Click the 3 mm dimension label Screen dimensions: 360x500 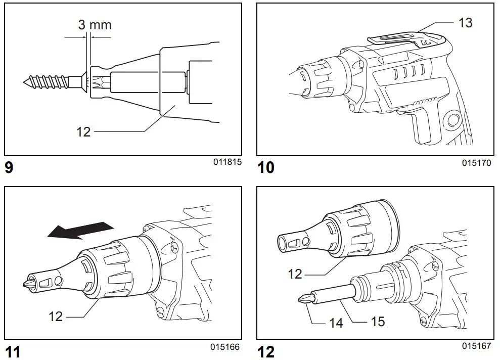tap(95, 25)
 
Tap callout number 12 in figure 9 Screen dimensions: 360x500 tap(83, 131)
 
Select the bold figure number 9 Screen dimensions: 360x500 tap(9, 167)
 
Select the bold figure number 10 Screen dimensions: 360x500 tap(266, 167)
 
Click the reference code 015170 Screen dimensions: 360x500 tap(476, 163)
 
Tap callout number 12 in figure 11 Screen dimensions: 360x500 tap(56, 316)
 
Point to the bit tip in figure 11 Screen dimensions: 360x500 tap(26, 284)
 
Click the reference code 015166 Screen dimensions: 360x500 tap(225, 347)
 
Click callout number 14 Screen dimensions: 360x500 tap(337, 322)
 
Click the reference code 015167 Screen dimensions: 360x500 tap(476, 346)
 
